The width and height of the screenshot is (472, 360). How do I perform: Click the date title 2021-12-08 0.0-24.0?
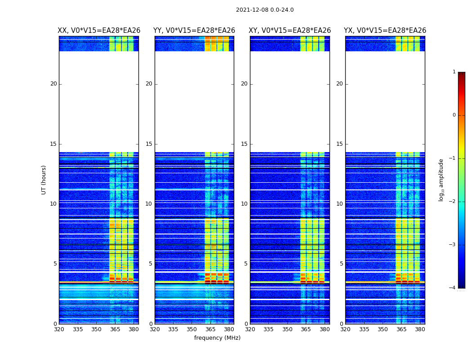click(x=265, y=10)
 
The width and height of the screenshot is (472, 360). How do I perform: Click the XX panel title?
click(x=99, y=31)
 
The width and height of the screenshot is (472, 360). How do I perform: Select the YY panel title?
click(x=194, y=31)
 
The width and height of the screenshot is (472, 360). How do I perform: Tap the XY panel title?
click(x=290, y=31)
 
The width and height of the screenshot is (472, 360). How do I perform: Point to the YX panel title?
click(x=385, y=31)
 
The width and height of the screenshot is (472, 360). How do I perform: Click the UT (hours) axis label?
click(x=44, y=180)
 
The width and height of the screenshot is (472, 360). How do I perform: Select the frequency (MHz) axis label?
click(x=217, y=338)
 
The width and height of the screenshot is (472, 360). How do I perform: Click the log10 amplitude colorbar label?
click(x=441, y=180)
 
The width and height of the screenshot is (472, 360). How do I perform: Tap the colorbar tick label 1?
click(x=454, y=72)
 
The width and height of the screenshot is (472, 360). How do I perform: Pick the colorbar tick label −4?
click(x=453, y=288)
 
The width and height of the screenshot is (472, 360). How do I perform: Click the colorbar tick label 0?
click(x=454, y=115)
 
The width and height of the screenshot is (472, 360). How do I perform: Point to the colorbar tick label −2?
click(x=453, y=202)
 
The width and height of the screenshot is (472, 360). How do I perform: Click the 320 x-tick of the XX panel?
click(x=59, y=329)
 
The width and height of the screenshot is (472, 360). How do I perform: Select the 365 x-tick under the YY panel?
click(x=210, y=329)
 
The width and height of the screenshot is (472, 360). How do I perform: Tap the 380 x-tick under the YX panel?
click(x=420, y=329)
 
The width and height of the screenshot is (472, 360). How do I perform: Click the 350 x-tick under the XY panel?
click(x=287, y=329)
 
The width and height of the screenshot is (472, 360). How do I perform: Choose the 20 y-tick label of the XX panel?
click(x=53, y=84)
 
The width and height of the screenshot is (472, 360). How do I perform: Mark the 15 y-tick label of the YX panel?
click(x=340, y=144)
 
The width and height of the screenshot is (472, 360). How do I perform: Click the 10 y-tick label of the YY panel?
click(x=149, y=204)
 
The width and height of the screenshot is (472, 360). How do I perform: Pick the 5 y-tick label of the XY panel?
click(x=246, y=264)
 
